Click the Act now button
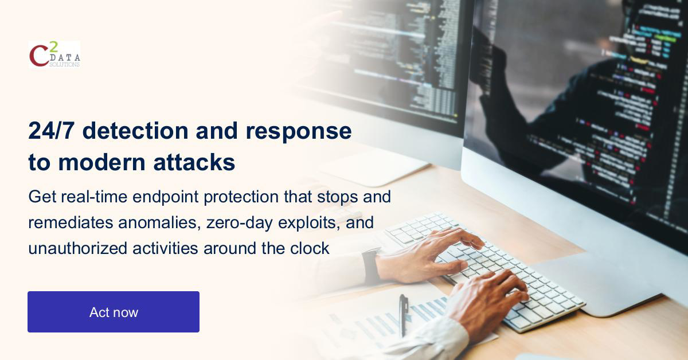coord(114,312)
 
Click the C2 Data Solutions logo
coord(54,54)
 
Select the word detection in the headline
coord(135,131)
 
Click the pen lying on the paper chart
coord(404,315)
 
